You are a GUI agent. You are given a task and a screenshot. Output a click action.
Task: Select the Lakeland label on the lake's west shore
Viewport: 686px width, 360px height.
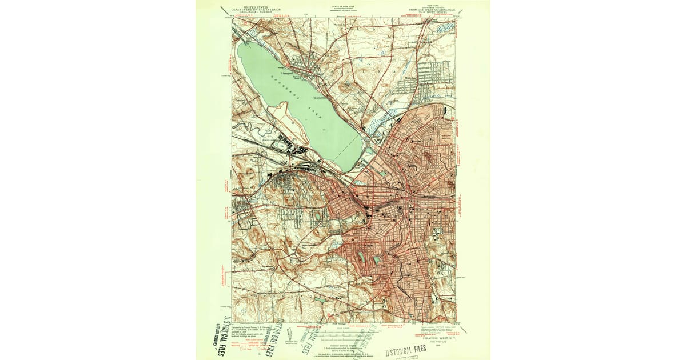[241, 99]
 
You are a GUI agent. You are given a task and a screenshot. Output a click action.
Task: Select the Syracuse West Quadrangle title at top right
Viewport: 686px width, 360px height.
[432, 10]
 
